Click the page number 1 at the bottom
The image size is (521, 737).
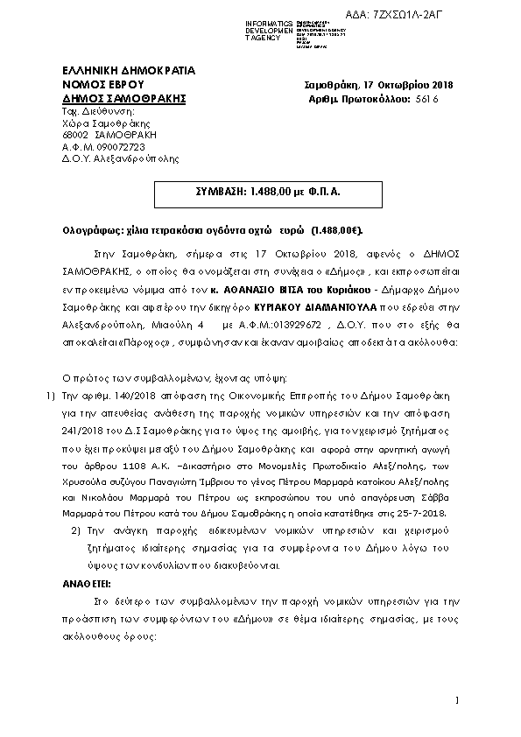coord(458,700)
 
